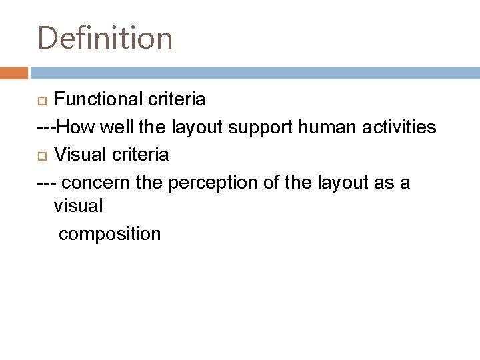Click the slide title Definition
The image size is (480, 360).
pyautogui.click(x=105, y=37)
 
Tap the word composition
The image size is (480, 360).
pyautogui.click(x=109, y=235)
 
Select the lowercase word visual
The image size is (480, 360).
pyautogui.click(x=78, y=206)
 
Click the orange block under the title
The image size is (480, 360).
pyautogui.click(x=13, y=72)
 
